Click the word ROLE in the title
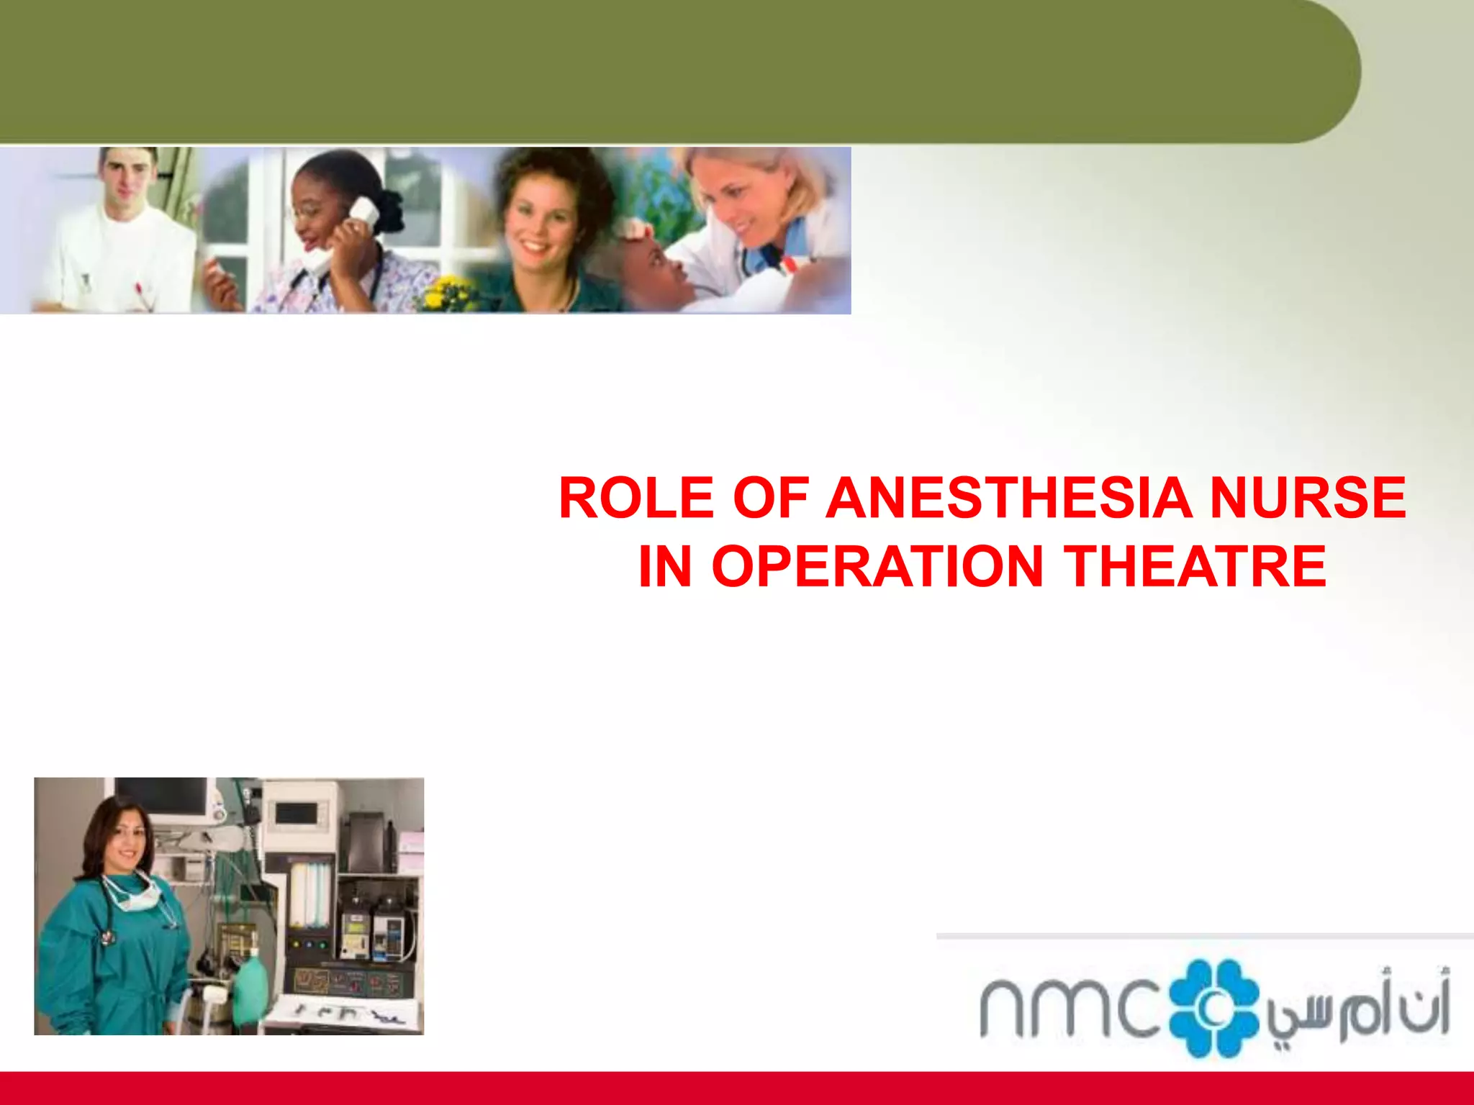coord(636,498)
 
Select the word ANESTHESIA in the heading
coord(1008,498)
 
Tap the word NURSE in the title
coord(1307,498)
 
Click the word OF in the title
coord(770,498)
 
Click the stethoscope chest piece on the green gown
coord(108,938)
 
